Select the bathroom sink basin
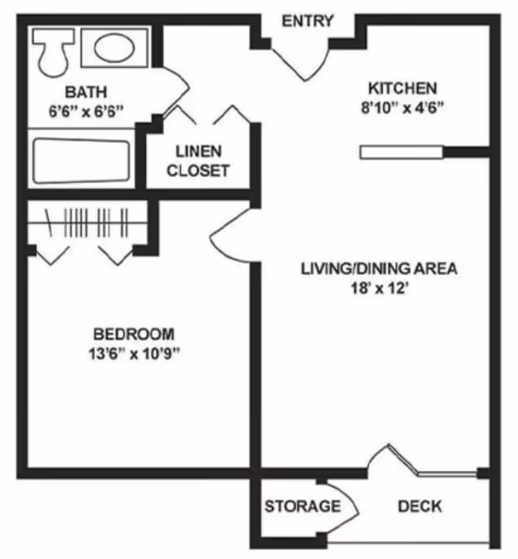[114, 48]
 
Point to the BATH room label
[86, 91]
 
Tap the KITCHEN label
[402, 88]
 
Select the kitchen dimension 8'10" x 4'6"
[402, 108]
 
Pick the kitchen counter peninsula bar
[400, 150]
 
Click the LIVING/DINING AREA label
[379, 269]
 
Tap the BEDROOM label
[134, 333]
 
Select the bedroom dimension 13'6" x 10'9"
[134, 354]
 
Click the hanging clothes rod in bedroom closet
[88, 220]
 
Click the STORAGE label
[302, 506]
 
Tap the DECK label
[420, 506]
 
